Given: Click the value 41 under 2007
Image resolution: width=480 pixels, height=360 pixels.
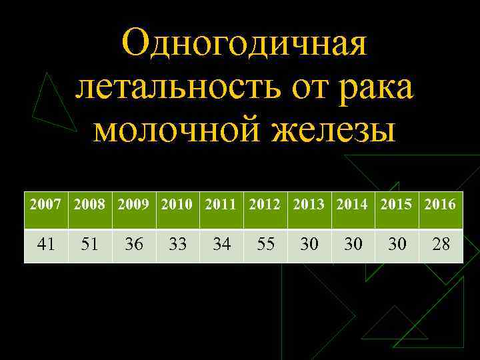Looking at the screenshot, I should click(46, 245).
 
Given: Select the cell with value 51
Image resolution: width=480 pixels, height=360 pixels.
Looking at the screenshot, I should click(90, 245).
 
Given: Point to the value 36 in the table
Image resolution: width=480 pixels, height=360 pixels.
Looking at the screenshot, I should click(134, 245).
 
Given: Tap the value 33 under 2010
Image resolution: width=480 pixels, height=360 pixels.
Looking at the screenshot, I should click(178, 245).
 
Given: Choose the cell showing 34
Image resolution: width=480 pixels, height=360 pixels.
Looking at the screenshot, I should click(221, 245).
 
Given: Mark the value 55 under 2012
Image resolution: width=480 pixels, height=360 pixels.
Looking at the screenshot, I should click(265, 245).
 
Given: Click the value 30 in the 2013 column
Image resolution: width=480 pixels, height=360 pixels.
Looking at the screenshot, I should click(309, 245).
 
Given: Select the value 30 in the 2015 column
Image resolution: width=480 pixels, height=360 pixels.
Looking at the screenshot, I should click(397, 245).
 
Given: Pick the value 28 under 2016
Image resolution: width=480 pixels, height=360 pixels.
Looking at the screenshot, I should click(441, 245).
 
